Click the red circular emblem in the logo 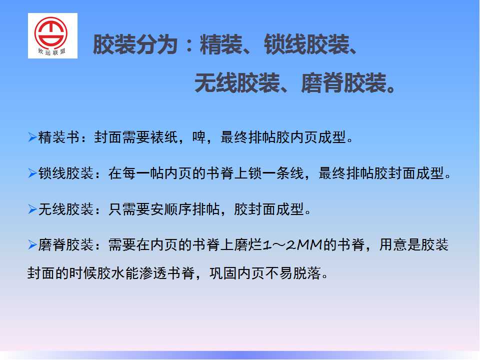coord(51,33)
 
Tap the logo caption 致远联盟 coord(51,51)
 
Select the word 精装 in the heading coord(221,44)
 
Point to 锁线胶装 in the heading coord(306,44)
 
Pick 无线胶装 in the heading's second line coord(237,83)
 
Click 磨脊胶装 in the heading coord(344,83)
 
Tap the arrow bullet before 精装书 coord(32,137)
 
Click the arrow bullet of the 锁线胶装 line coord(32,173)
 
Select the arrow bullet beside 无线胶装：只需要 coord(32,209)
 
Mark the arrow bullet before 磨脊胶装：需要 coord(32,244)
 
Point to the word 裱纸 coord(164,137)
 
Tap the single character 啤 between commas coord(199,137)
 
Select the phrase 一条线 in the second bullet coord(283,173)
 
